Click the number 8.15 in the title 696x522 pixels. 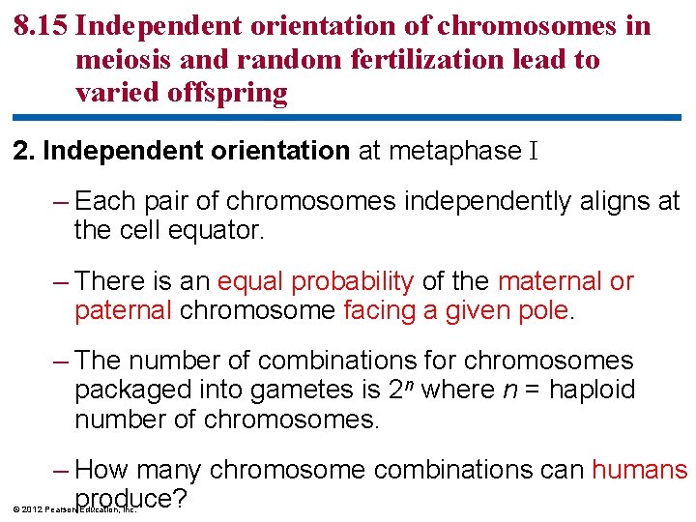40,26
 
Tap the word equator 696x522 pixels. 218,232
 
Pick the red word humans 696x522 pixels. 639,471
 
